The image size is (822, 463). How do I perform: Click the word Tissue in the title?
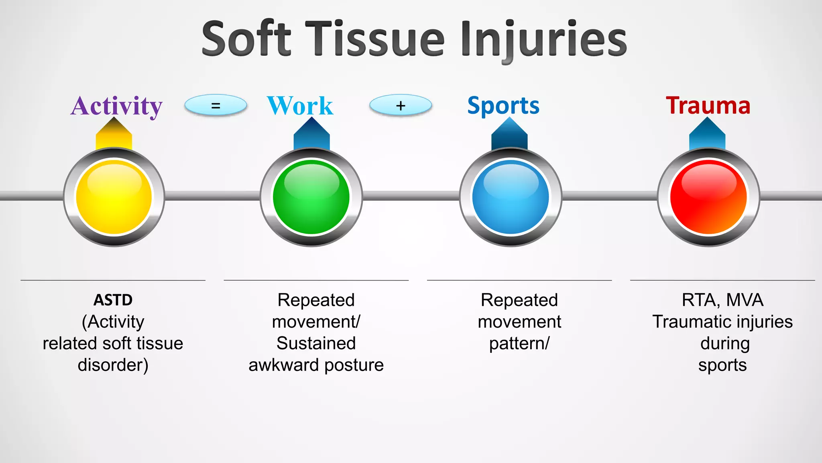tap(375, 39)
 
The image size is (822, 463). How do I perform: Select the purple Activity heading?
tap(116, 106)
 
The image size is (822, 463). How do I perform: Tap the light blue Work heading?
tap(300, 106)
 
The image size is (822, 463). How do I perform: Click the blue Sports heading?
tap(503, 106)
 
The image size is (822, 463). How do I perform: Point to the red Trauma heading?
tap(708, 106)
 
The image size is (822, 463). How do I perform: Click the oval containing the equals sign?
tap(216, 106)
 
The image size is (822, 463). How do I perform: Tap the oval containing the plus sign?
tap(401, 106)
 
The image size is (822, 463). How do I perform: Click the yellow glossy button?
tap(114, 197)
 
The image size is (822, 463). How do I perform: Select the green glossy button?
tap(311, 197)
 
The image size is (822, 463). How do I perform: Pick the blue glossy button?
tap(511, 197)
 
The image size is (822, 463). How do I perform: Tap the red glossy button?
tap(708, 197)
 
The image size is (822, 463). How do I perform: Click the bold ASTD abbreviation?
tap(113, 300)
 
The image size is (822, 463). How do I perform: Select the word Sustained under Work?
tap(316, 344)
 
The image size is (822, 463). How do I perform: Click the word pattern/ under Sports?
tap(519, 344)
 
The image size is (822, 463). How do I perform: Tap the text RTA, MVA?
tap(722, 300)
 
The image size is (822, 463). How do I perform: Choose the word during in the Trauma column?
tap(725, 344)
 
